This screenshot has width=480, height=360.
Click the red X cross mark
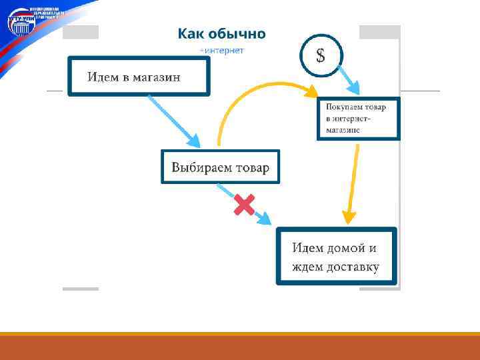(x=244, y=205)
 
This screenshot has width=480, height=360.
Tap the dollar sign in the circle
(x=321, y=55)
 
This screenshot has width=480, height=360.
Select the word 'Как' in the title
(x=189, y=33)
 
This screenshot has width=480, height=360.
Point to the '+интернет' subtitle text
(x=222, y=50)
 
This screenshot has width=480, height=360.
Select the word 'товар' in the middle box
(x=252, y=167)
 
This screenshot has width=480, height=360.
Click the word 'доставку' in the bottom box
(x=353, y=268)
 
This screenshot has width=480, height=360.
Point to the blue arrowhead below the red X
(x=265, y=217)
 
